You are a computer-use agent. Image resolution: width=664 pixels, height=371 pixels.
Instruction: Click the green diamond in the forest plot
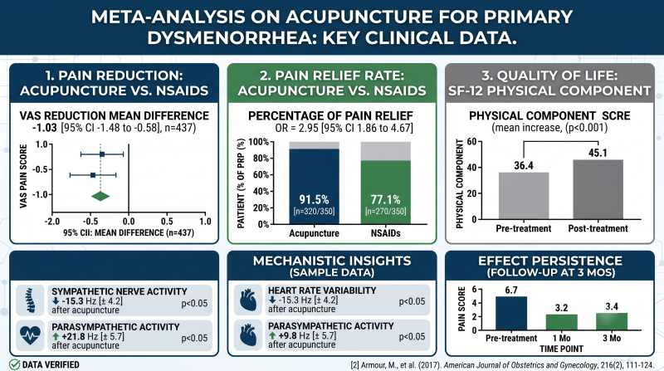coord(100,196)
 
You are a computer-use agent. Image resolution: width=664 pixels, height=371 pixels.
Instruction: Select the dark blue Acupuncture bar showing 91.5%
coord(315,187)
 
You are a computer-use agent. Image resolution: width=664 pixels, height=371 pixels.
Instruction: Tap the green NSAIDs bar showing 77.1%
coord(385,193)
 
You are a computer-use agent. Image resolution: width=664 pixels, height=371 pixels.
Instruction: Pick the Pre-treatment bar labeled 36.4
coord(524,196)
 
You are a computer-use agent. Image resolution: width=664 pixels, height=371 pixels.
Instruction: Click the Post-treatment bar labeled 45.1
coord(598,189)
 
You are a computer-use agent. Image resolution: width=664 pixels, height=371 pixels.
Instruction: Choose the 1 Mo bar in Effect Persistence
coord(562,322)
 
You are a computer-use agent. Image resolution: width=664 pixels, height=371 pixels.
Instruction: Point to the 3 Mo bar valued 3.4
coord(612,321)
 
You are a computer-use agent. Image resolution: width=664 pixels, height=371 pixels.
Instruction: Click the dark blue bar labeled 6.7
coord(511,313)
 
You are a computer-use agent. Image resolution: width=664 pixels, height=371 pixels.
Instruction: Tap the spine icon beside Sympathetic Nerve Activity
coord(30,300)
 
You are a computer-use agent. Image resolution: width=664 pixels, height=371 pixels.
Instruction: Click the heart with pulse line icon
coord(30,335)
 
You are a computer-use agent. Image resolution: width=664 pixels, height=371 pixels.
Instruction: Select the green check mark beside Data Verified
coord(14,364)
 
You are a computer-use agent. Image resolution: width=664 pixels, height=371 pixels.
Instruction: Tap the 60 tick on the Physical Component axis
coord(471,141)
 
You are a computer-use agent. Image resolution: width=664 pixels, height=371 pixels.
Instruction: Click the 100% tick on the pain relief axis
coord(259,141)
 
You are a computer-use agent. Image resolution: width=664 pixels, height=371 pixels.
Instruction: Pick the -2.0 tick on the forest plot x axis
coord(52,222)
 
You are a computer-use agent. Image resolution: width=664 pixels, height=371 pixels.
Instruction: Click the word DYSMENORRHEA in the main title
coord(231,38)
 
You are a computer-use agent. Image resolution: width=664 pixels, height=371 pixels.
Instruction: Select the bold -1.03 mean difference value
coord(45,128)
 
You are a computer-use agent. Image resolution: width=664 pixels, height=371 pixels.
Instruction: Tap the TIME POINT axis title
coord(561,349)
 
